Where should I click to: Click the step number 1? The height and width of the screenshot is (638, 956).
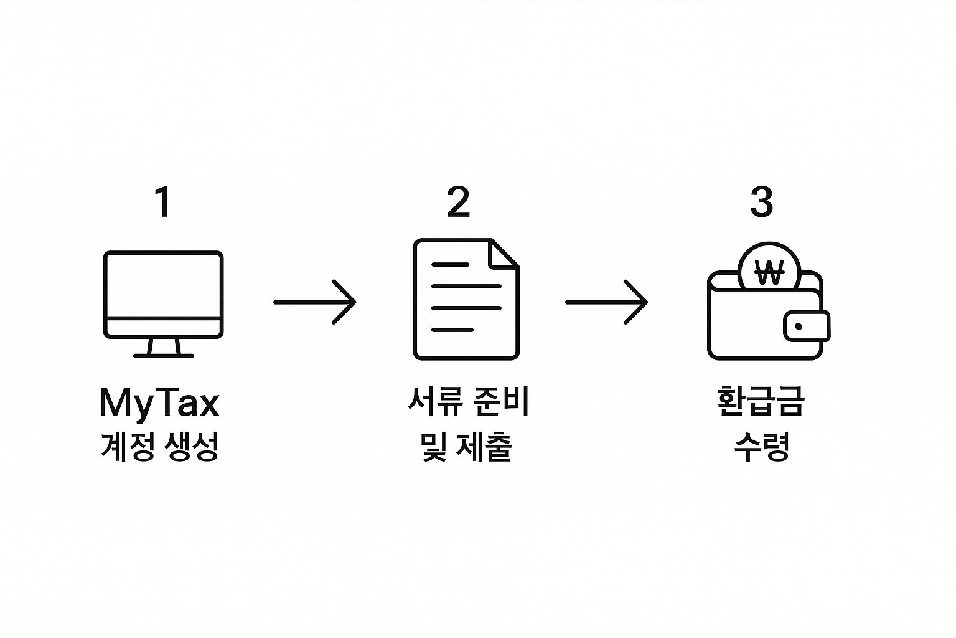point(163,202)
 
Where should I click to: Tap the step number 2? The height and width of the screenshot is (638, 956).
point(459,202)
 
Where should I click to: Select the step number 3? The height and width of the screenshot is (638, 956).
point(762,202)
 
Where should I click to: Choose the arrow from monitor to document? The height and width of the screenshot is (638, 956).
point(315,302)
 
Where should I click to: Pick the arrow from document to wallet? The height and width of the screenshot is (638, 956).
point(606,302)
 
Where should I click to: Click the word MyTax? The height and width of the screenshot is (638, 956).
point(159,403)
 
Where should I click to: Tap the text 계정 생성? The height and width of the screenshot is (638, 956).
point(160,447)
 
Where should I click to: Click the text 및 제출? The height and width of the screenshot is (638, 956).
point(466,447)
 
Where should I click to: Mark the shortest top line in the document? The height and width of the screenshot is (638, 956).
point(449,265)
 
